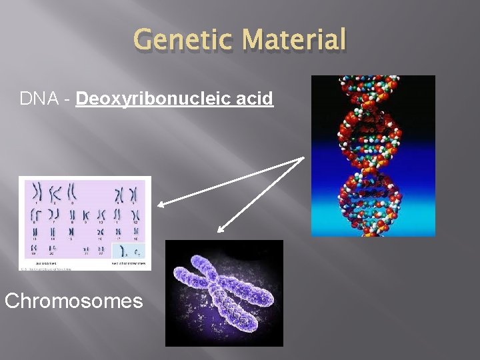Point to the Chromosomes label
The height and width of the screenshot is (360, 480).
[x=73, y=301]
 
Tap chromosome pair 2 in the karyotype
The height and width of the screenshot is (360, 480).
[x=55, y=193]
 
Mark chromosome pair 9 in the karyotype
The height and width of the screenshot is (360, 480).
[x=85, y=215]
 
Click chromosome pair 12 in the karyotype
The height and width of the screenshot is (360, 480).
[x=135, y=215]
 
